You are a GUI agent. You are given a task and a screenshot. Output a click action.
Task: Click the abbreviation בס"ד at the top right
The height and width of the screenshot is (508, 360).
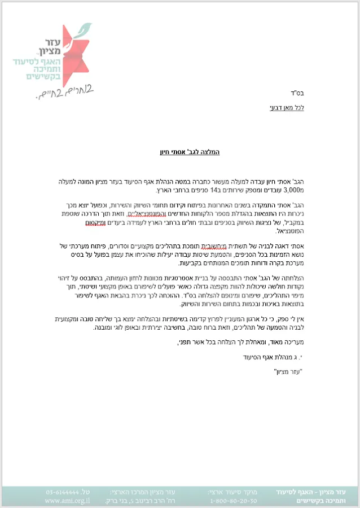[298, 93]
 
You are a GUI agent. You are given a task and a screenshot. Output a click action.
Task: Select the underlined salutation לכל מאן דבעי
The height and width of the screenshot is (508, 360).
[288, 107]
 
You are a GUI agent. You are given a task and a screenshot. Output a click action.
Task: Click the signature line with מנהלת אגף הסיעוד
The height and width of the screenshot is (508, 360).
[274, 356]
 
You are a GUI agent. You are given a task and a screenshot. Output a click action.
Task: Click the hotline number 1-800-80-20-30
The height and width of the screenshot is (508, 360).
[232, 501]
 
